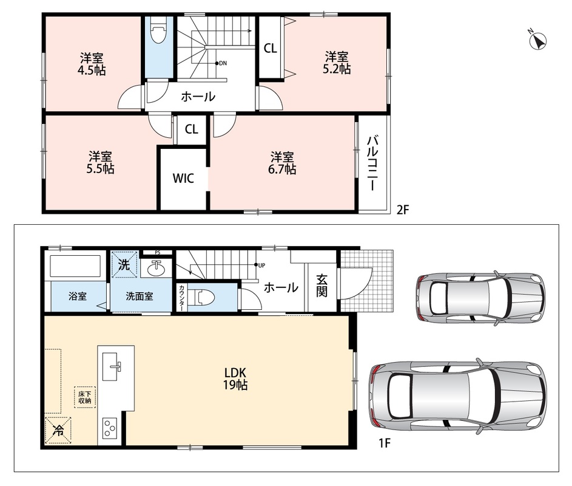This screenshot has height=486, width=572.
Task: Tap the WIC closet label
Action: [183, 179]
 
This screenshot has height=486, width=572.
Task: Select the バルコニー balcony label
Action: [372, 163]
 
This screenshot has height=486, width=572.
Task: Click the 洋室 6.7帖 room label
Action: [282, 163]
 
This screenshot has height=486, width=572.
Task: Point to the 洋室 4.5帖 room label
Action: [92, 64]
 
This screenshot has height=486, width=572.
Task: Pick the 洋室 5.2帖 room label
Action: [337, 63]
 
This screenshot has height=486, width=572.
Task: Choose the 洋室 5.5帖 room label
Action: [100, 163]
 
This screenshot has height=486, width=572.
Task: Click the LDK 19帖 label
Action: [235, 378]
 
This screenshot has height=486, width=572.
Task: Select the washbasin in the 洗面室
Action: [156, 269]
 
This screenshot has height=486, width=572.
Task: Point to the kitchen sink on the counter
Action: [111, 366]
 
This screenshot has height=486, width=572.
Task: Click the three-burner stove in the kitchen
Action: [109, 428]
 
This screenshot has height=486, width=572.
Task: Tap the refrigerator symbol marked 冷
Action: [58, 430]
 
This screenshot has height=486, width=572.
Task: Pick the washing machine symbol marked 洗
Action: [124, 264]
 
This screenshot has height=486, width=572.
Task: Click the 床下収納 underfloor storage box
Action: [85, 397]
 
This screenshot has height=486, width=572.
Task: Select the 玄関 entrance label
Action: [321, 286]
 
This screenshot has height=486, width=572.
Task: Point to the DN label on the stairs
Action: [221, 63]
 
